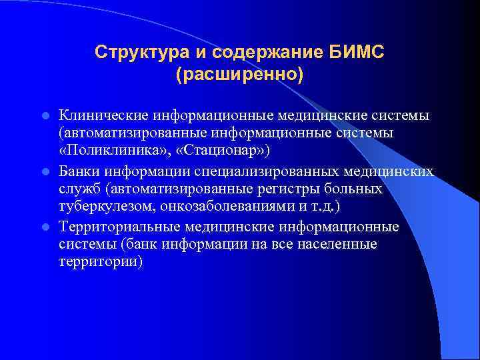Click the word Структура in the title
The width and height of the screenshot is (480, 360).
point(132,52)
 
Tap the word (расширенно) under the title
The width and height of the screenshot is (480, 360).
point(239,73)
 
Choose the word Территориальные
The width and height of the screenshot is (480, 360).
point(121,228)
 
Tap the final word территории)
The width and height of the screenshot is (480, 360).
point(101,262)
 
